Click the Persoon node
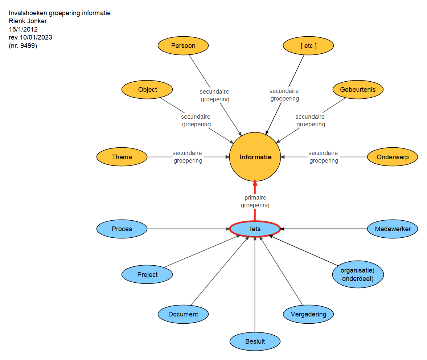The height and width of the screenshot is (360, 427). point(183,46)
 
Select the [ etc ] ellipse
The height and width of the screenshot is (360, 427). point(308,46)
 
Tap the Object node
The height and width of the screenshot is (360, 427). point(147,90)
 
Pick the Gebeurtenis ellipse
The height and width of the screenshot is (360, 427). point(358,90)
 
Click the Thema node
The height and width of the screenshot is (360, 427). point(122,157)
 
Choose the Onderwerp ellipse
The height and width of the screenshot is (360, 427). point(393,157)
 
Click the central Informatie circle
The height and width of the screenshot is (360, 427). point(255,157)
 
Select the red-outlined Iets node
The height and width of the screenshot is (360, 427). point(255,229)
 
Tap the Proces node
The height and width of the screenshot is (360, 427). point(122,229)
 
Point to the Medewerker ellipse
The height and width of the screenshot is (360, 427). point(393,229)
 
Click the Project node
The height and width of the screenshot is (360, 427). point(147,274)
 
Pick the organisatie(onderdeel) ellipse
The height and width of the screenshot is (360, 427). point(358,274)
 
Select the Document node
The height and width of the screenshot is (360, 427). point(183,314)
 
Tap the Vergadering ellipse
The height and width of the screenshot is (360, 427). point(308,314)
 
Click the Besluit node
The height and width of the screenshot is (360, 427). point(255,341)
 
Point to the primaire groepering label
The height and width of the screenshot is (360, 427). point(255,201)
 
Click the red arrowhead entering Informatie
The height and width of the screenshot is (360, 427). point(255,182)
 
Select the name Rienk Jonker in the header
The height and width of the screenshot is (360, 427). point(28,21)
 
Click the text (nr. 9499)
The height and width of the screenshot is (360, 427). point(23,46)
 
